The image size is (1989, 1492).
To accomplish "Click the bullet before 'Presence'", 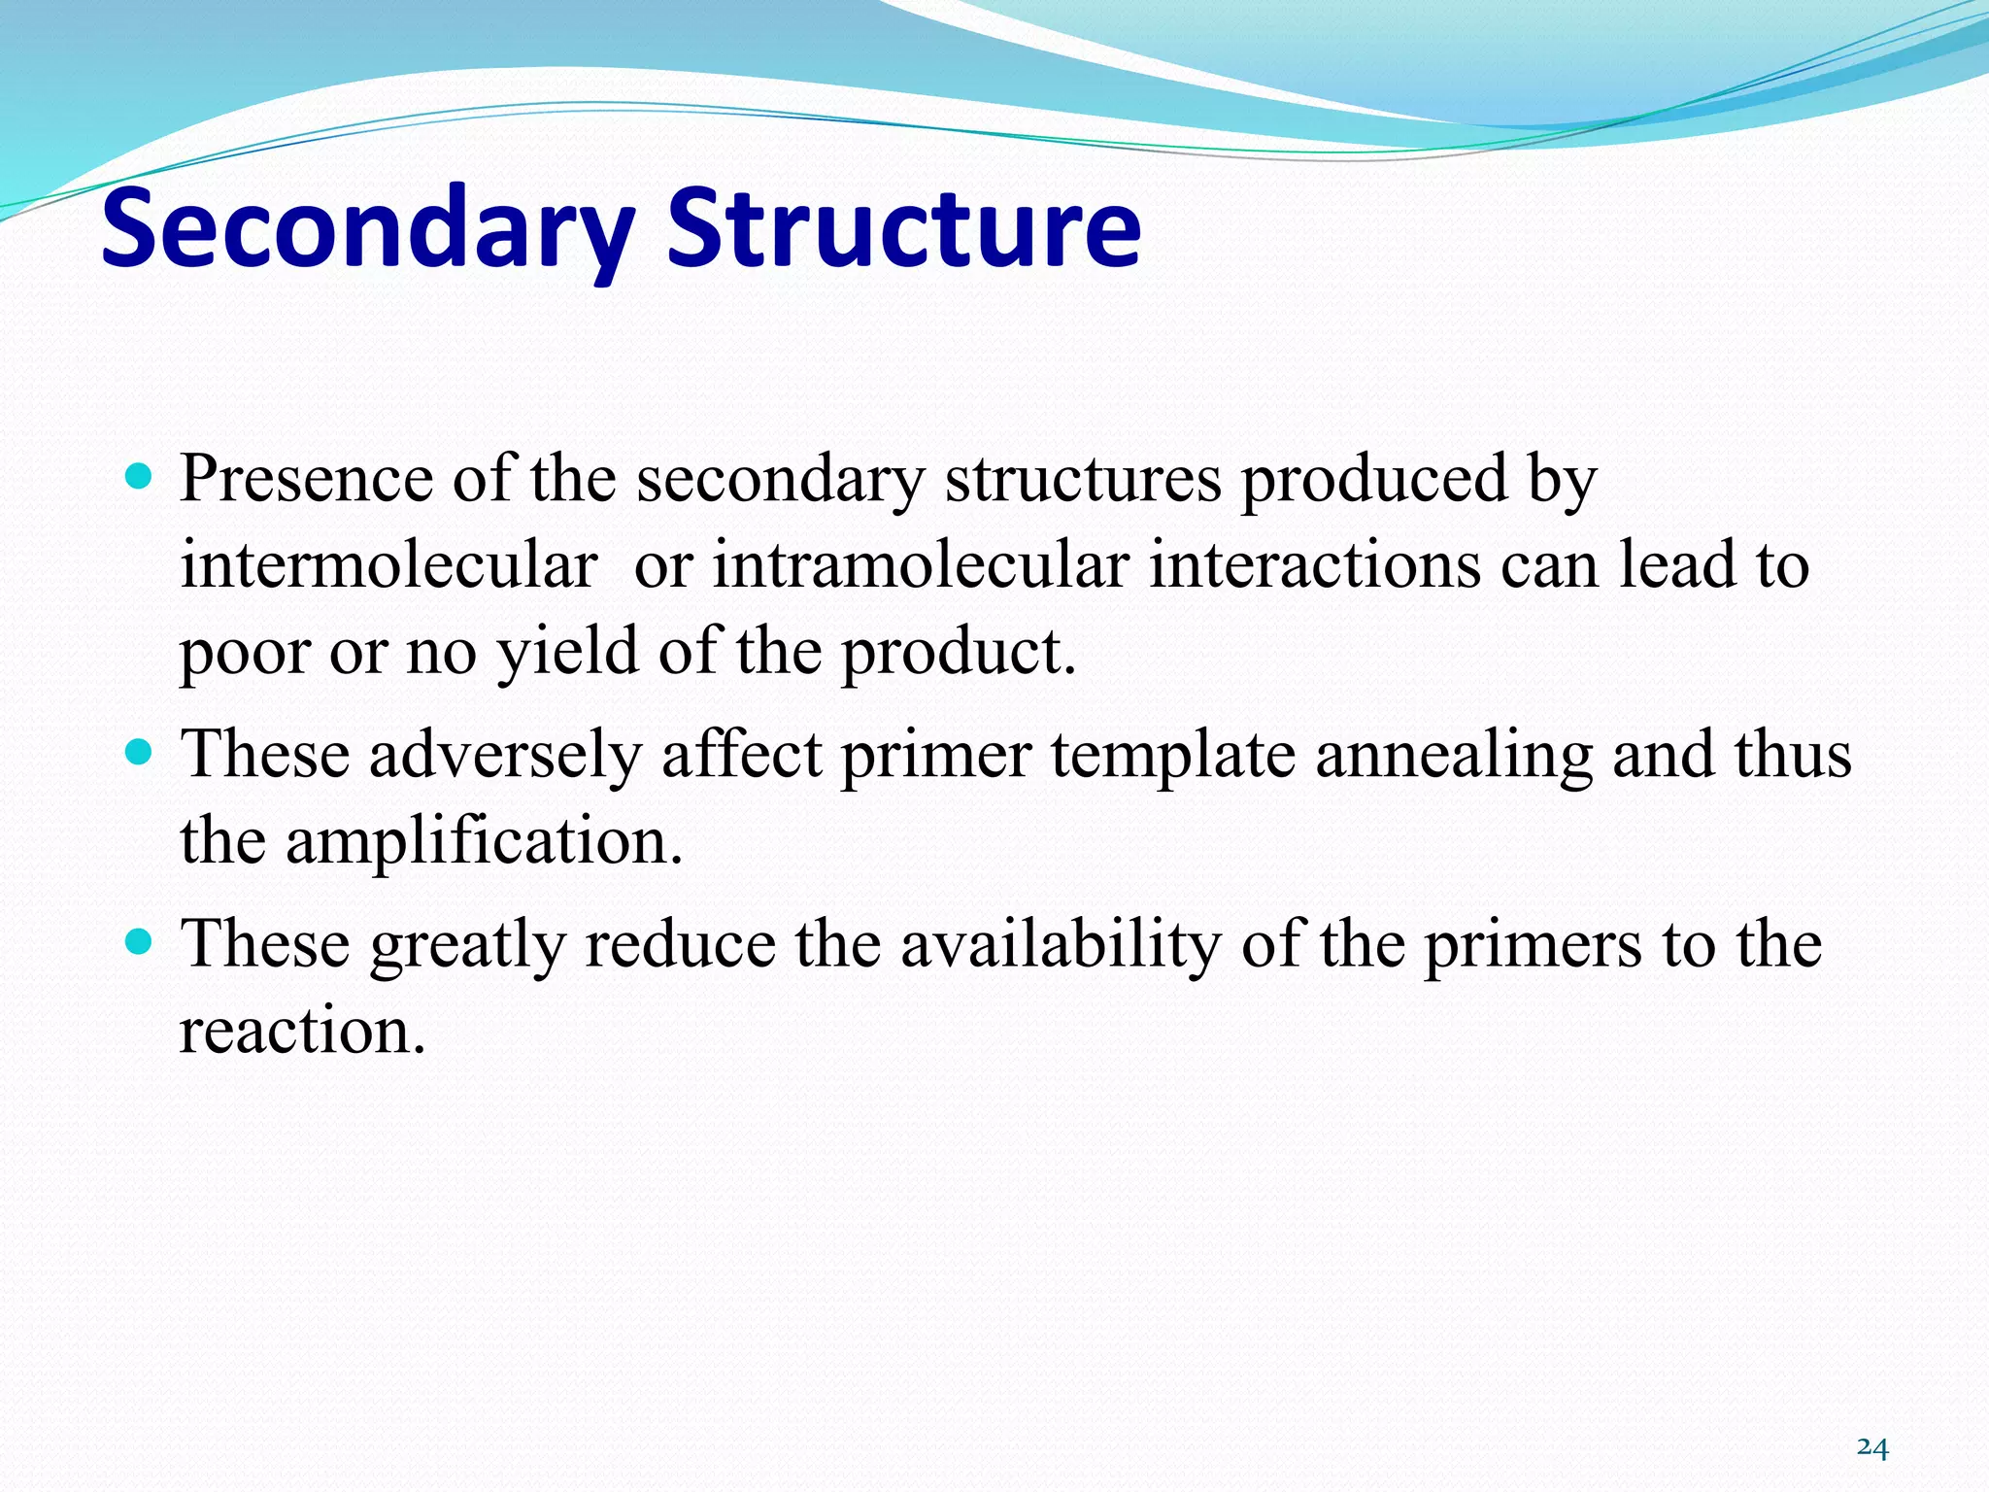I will pos(140,476).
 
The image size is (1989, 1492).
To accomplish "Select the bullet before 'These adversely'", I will pos(140,752).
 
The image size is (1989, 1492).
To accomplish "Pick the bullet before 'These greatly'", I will pos(140,941).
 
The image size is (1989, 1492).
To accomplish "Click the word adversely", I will pos(505,755).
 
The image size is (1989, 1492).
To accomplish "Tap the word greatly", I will pos(467,944).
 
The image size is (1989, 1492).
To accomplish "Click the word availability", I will pos(1060,944).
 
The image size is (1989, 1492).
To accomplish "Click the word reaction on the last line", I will pos(302,1031).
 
